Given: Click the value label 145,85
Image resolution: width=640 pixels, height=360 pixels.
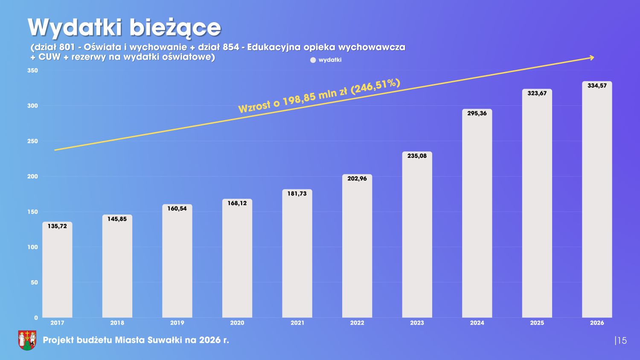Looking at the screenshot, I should (x=117, y=219).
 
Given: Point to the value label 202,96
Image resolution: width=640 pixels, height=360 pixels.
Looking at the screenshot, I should (x=357, y=178).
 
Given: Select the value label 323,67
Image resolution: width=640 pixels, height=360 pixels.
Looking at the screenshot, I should (x=537, y=93).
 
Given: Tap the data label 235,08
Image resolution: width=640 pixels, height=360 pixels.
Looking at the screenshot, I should (x=417, y=156).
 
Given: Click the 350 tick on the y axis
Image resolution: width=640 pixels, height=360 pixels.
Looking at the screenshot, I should (x=32, y=70).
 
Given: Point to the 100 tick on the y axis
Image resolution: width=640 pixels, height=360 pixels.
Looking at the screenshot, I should (x=32, y=247).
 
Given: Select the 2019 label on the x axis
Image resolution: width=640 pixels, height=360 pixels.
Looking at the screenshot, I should (x=177, y=323).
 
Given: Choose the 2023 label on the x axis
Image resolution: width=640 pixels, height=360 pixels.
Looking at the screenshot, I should (x=417, y=323).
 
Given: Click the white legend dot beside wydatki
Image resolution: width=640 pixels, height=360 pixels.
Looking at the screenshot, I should (x=313, y=60).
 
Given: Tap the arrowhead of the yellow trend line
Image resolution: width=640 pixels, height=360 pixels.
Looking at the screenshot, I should (x=592, y=57).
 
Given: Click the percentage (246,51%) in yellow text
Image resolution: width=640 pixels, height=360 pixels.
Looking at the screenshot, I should (x=375, y=86).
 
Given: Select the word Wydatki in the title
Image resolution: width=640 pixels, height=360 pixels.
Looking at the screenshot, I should (x=75, y=28).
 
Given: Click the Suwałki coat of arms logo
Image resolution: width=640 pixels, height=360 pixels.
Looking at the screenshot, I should (x=27, y=340).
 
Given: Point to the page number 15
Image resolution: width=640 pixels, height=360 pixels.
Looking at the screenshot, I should (x=622, y=340).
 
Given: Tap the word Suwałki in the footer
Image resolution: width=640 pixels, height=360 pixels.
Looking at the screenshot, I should (x=165, y=340).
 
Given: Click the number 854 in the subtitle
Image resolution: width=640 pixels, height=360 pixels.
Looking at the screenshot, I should (x=231, y=47).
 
